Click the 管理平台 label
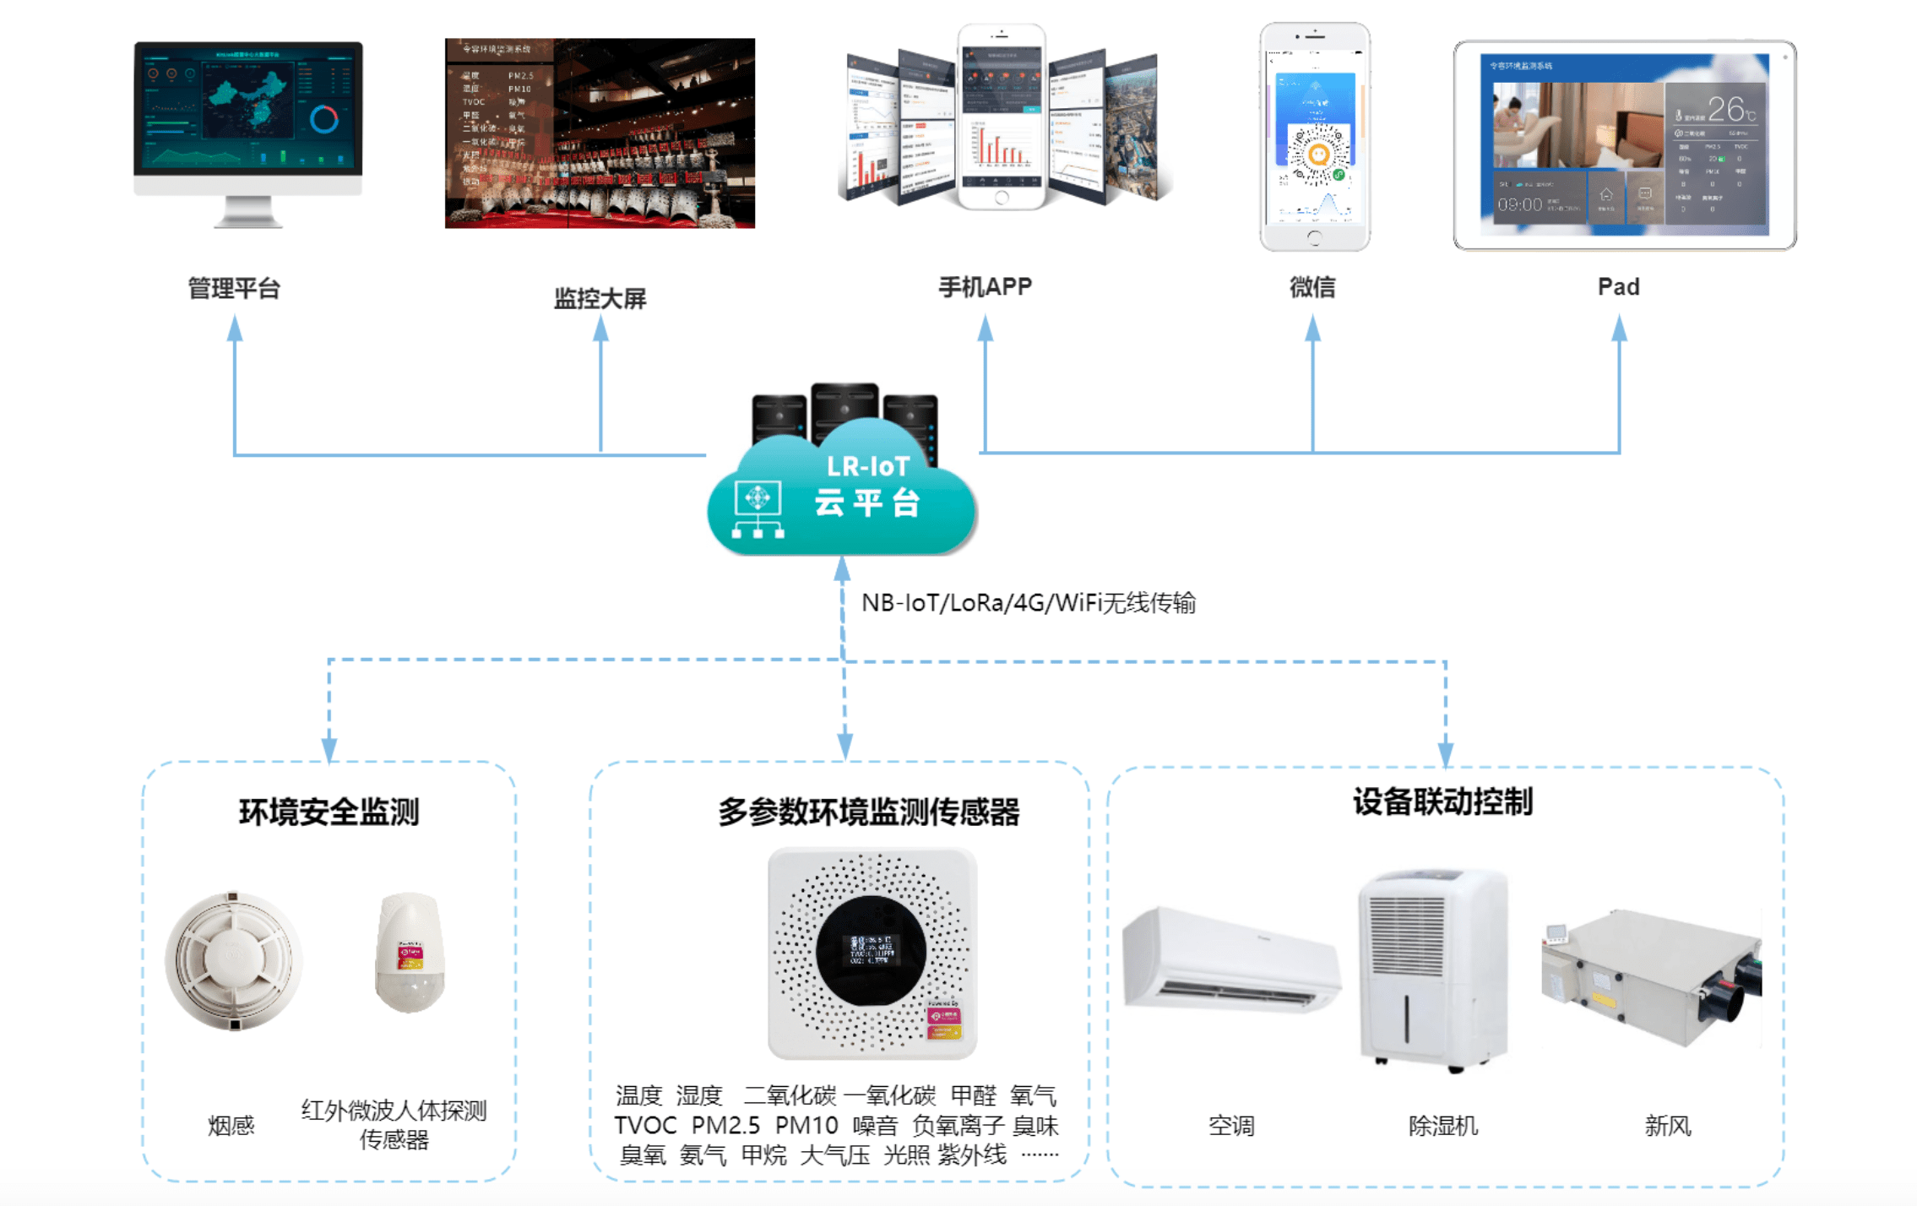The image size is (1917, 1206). (x=233, y=289)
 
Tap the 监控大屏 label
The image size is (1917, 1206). (x=600, y=298)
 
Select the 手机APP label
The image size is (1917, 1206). (x=985, y=287)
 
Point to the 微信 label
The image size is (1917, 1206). (x=1312, y=287)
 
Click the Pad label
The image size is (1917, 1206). (x=1618, y=287)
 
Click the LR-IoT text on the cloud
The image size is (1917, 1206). (x=867, y=466)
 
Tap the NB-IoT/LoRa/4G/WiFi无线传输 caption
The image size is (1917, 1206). (x=1028, y=603)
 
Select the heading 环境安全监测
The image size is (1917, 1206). (x=329, y=812)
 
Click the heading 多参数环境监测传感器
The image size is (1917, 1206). (x=869, y=812)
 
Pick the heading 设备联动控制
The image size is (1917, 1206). (x=1442, y=801)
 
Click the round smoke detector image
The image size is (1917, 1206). (x=233, y=960)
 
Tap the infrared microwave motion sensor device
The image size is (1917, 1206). (x=410, y=952)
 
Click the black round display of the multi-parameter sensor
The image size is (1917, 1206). (x=871, y=950)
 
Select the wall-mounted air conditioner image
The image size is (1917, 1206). (x=1231, y=959)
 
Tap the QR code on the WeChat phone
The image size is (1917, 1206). (x=1317, y=155)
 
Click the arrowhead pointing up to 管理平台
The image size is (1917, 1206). (x=235, y=328)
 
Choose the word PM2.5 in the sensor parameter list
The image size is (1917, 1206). (x=725, y=1126)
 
